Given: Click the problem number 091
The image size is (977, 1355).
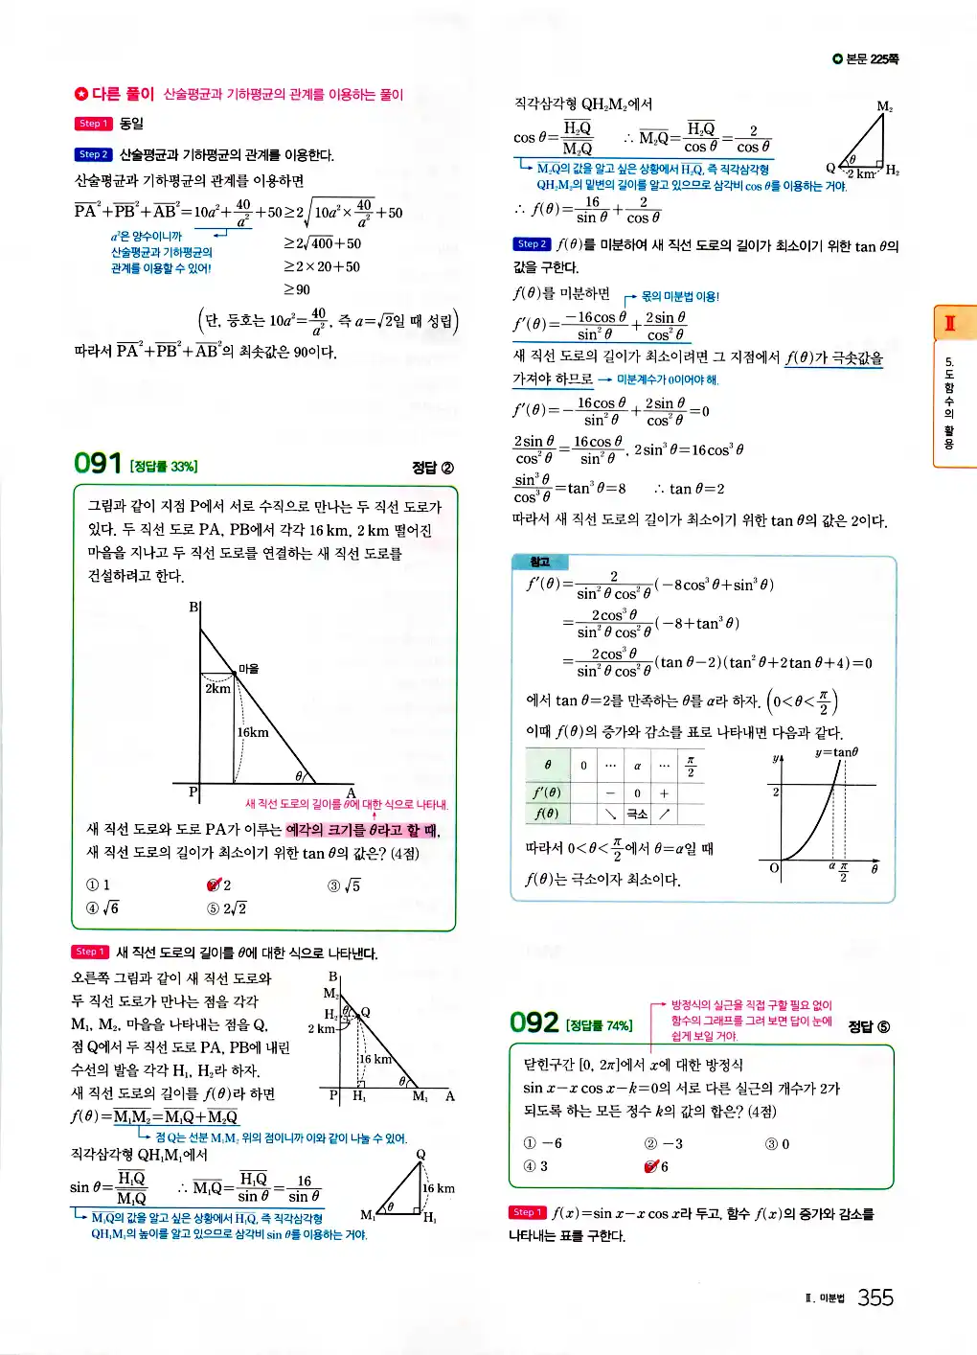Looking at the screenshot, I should (97, 464).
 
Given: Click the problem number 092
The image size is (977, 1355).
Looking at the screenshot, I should (534, 1023).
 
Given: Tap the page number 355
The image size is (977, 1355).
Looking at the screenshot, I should (875, 1298).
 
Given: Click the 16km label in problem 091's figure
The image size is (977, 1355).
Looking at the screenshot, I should (253, 732).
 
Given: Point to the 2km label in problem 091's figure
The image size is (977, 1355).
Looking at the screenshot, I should (217, 688).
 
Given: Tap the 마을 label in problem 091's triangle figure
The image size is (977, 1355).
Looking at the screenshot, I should (248, 669).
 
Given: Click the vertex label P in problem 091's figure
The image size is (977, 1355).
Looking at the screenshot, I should (193, 792).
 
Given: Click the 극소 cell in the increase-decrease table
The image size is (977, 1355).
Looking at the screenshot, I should (637, 814).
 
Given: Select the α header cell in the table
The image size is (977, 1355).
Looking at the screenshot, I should (637, 766).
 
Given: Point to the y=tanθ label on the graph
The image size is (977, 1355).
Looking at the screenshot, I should (836, 752).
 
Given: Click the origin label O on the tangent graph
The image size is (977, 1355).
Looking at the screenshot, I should (774, 868).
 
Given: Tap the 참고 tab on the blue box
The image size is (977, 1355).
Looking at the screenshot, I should (540, 563).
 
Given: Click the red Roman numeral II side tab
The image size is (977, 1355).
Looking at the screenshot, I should (950, 323).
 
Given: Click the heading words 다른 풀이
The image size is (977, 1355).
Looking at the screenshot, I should (122, 94).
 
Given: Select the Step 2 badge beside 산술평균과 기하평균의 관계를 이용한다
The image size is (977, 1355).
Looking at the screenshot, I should (93, 154).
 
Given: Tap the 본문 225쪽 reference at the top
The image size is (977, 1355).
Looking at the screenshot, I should (867, 59).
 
